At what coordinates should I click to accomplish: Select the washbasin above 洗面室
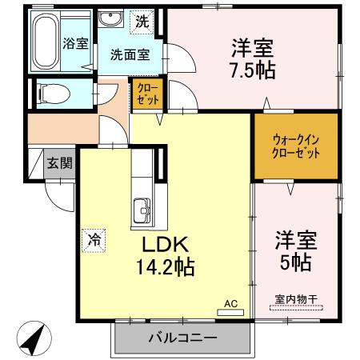coord(110,18)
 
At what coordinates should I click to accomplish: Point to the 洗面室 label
coord(130,55)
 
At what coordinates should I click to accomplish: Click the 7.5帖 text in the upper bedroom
coord(254,70)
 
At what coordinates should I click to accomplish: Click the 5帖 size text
coord(297,261)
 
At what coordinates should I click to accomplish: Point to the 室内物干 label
coord(297,299)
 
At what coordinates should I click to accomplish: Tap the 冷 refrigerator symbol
coord(94,238)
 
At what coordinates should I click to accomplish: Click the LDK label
coord(166,243)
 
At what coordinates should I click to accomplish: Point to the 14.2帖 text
coord(166,266)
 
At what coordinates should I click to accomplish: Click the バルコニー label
coord(182,338)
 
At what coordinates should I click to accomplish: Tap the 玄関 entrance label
coord(59,163)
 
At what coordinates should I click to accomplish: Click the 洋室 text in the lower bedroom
coord(297,238)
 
